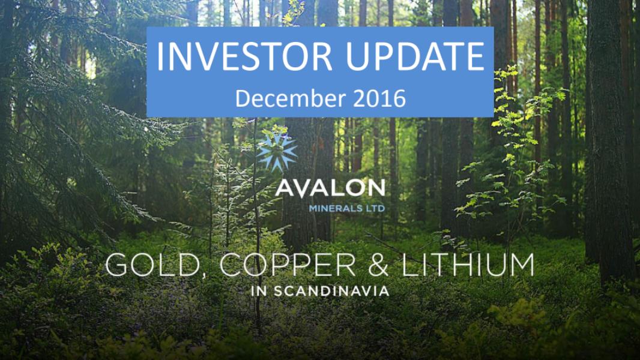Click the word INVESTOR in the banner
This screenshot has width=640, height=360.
point(244,56)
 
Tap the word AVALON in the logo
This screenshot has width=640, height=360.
point(330,188)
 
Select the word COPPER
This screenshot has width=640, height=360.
point(288,265)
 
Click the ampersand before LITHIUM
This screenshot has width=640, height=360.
point(378,265)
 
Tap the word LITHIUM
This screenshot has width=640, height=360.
point(467,265)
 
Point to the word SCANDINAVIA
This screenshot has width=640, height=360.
point(331,291)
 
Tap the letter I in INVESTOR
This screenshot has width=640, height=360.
point(160,56)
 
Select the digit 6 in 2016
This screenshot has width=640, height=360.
point(400,98)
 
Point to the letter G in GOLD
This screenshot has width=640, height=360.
point(118,265)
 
